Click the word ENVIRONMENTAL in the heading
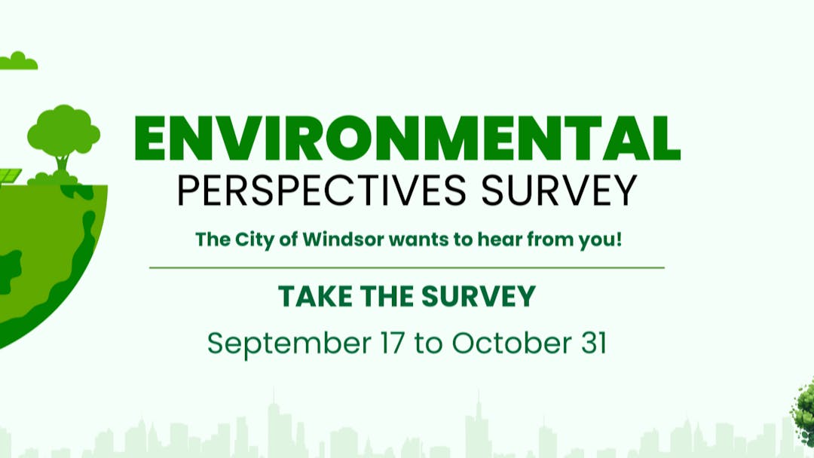[408, 139]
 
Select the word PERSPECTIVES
[322, 191]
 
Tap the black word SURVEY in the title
[559, 191]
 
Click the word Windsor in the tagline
[343, 240]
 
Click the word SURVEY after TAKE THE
[478, 296]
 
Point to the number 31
[594, 343]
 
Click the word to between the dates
[428, 344]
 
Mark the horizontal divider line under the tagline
[407, 267]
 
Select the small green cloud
[18, 61]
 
